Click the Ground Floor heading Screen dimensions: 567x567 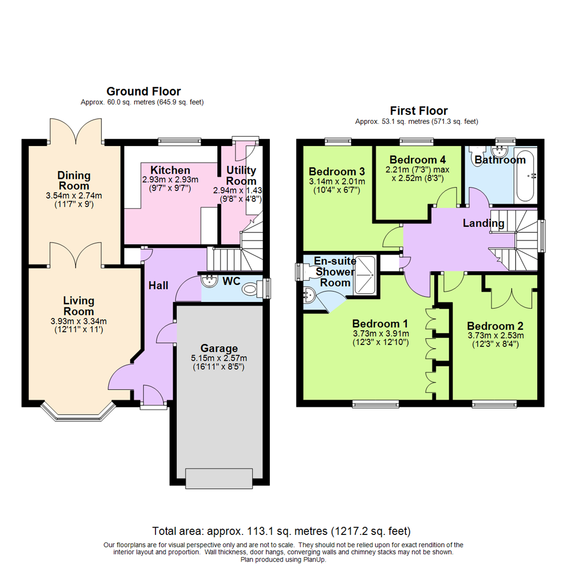[143, 92]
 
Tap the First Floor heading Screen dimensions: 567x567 [418, 111]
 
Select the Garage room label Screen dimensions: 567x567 [219, 349]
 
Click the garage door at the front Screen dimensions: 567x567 [219, 478]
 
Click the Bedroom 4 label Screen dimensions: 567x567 [414, 160]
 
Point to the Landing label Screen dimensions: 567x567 [483, 224]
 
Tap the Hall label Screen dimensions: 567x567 [159, 286]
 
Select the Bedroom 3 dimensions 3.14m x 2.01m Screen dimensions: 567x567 [337, 181]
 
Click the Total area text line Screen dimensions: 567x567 [281, 530]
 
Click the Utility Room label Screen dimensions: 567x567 [240, 175]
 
